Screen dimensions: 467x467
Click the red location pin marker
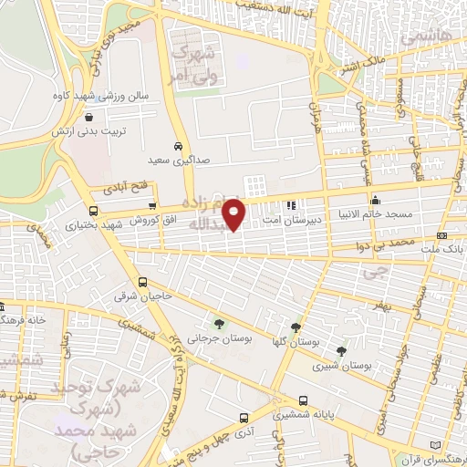(234, 214)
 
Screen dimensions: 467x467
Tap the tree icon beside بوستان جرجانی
(218, 323)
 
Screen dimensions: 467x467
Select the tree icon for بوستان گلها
(296, 327)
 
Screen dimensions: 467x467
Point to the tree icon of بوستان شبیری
(341, 350)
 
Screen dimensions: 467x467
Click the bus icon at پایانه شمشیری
(303, 400)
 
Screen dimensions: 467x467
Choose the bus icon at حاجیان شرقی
(142, 282)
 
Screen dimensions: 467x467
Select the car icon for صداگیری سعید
(178, 146)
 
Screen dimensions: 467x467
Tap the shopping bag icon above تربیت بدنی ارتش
(88, 117)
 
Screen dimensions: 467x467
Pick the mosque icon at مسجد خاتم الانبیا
(375, 200)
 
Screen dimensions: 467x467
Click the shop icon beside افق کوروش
(152, 208)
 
